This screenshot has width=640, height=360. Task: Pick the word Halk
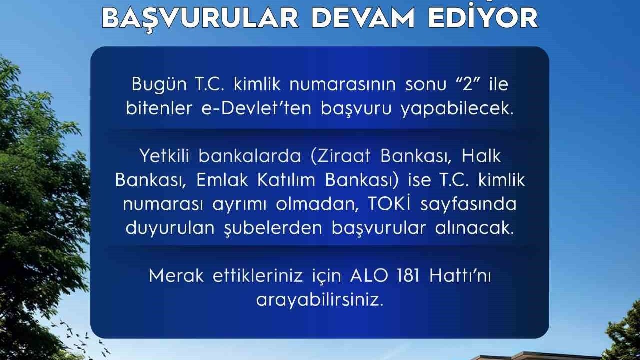[x=481, y=156]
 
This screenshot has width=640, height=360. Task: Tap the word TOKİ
[x=388, y=204]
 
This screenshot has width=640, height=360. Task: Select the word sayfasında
[x=468, y=205]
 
